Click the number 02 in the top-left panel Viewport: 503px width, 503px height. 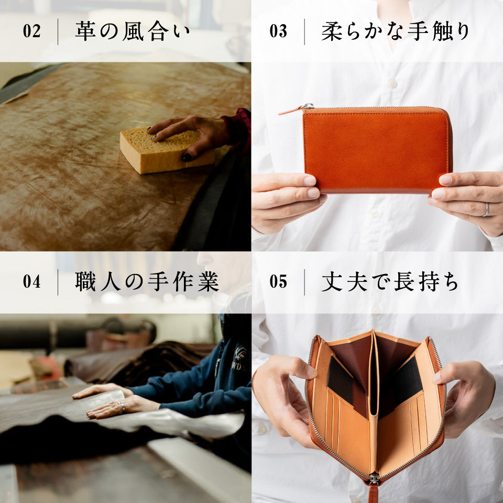pyautogui.click(x=31, y=31)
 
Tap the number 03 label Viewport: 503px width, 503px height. pyautogui.click(x=278, y=31)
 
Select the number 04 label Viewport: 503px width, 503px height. pyautogui.click(x=31, y=282)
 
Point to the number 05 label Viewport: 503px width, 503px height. pyautogui.click(x=278, y=282)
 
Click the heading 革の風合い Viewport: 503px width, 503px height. pyautogui.click(x=133, y=31)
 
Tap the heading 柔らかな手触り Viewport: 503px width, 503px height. pyautogui.click(x=396, y=31)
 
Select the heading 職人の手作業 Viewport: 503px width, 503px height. pyautogui.click(x=147, y=282)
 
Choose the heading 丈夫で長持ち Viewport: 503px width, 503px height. pyautogui.click(x=390, y=282)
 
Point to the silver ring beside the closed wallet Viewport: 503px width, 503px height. pyautogui.click(x=486, y=210)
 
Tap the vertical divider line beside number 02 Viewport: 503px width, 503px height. pyautogui.click(x=58, y=31)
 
